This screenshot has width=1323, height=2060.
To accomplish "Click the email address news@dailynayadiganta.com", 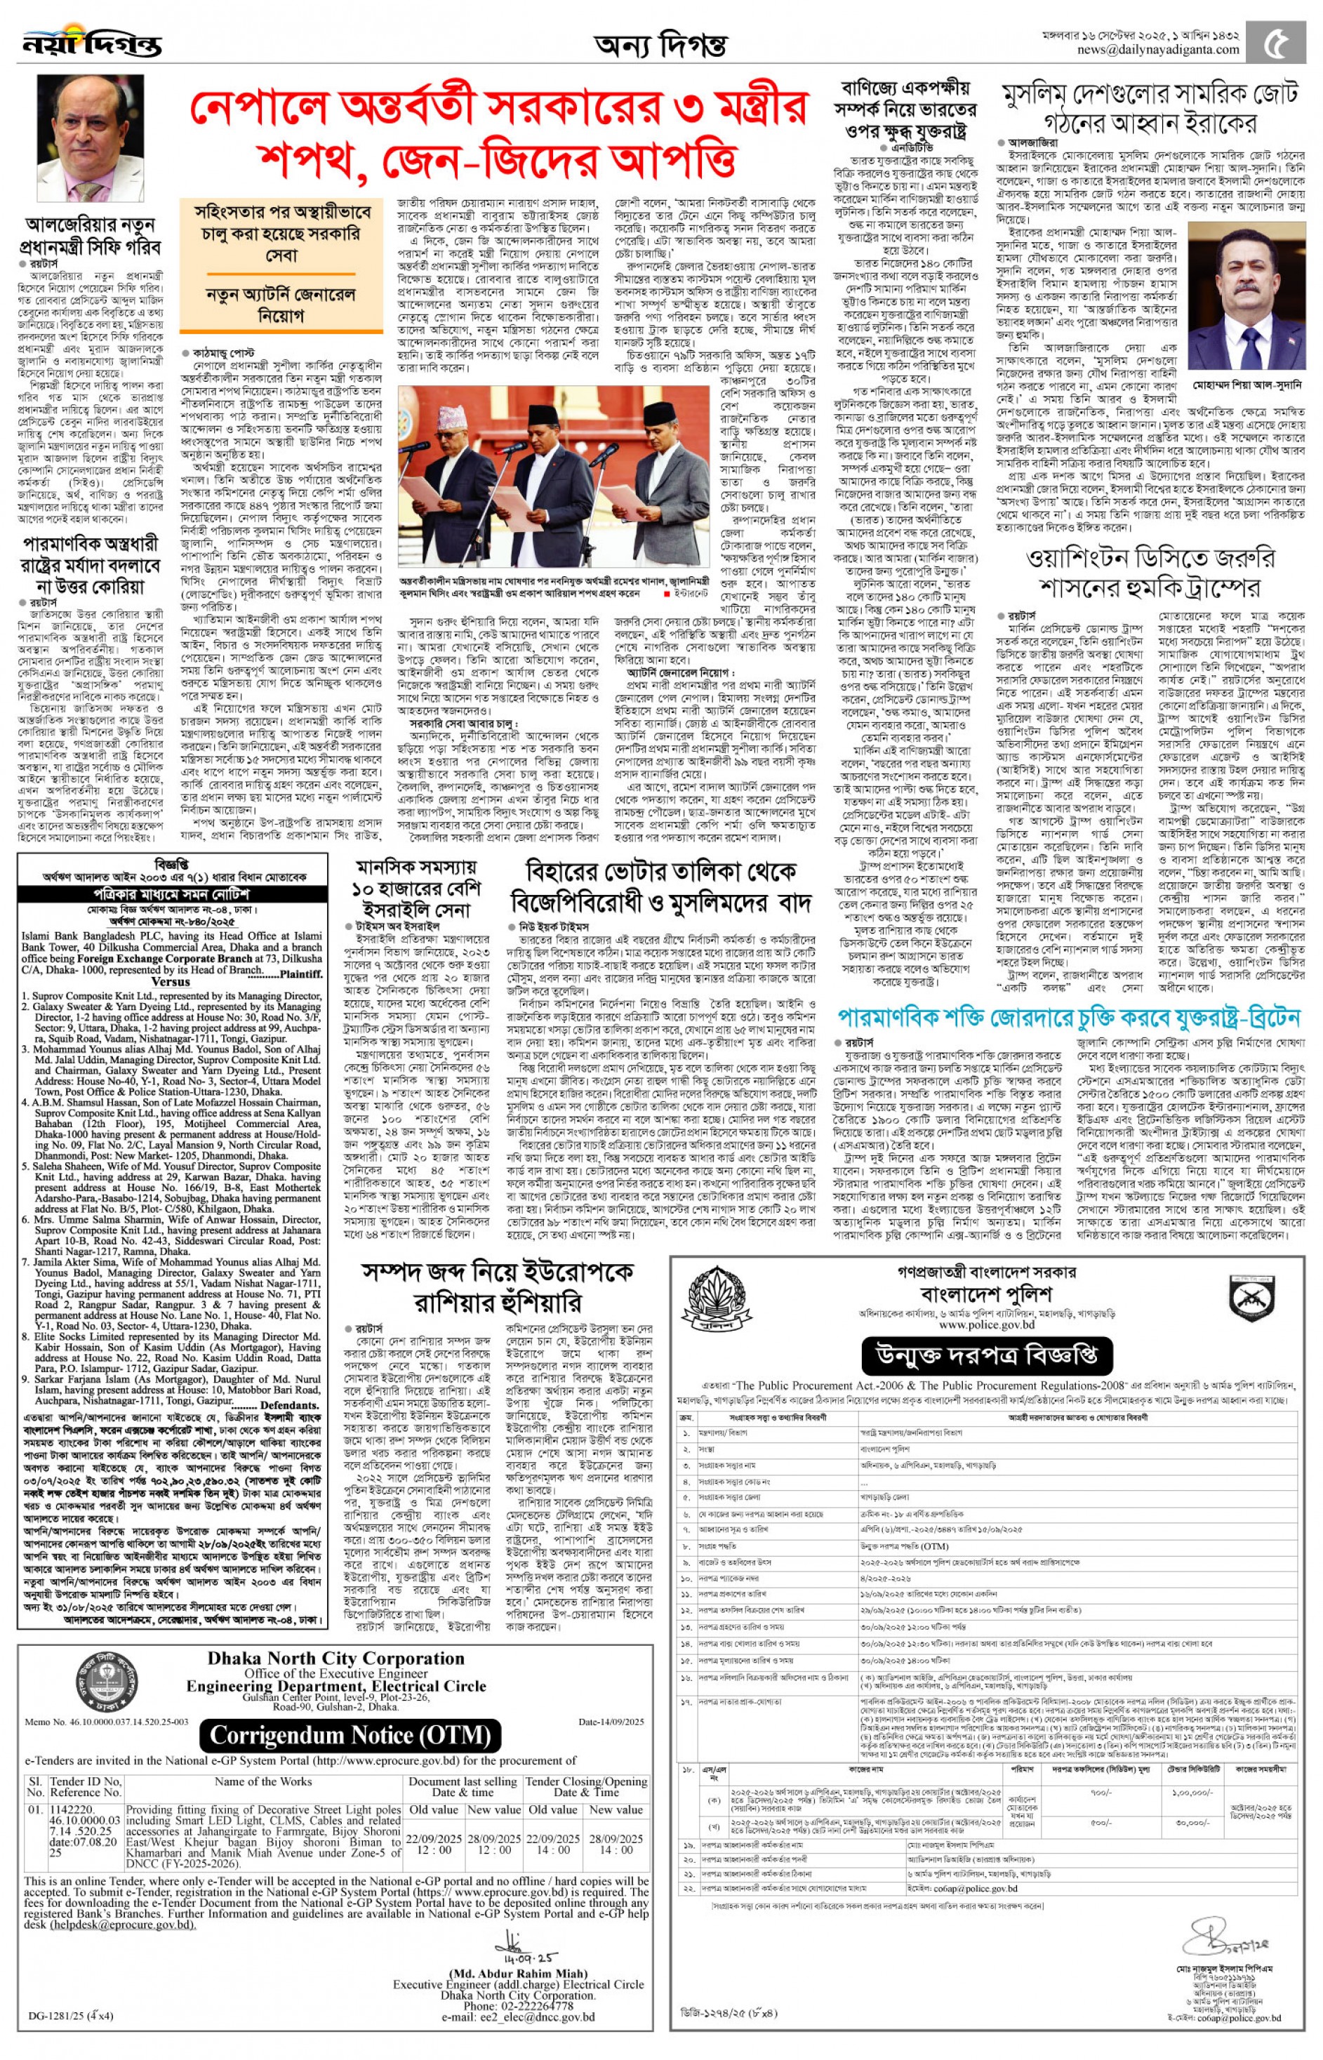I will (x=1158, y=50).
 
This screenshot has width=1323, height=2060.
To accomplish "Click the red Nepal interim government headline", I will (x=498, y=133).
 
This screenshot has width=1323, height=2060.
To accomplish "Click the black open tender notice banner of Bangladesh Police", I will (x=986, y=1357).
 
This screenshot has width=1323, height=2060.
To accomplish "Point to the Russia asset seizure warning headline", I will (x=498, y=1285).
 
